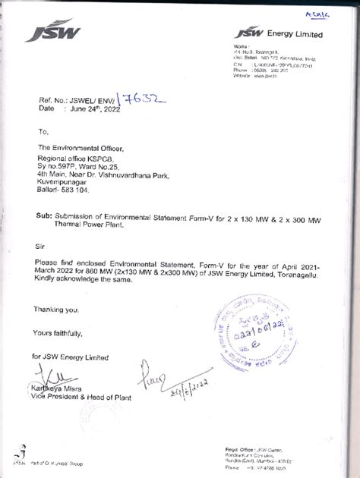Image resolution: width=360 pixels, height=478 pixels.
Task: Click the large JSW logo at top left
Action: [52, 31]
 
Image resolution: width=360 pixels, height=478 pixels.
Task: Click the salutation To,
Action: [43, 131]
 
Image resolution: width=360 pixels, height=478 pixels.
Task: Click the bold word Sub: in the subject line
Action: [43, 216]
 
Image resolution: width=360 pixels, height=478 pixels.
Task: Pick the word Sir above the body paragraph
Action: [40, 247]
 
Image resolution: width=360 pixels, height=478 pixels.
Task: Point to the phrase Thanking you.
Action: [55, 310]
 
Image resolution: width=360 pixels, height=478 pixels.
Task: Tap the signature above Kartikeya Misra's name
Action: [50, 375]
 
